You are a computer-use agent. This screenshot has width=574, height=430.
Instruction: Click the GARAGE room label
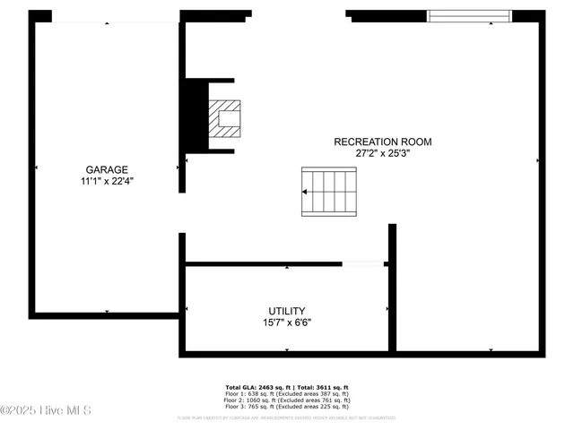tap(107, 169)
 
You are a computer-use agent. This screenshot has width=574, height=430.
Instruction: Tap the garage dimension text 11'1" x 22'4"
tap(107, 181)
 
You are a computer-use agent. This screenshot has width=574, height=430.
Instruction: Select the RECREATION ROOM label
tap(383, 142)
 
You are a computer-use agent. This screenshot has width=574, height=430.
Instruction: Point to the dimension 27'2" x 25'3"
tap(383, 153)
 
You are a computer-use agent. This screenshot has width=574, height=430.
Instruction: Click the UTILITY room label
tap(287, 310)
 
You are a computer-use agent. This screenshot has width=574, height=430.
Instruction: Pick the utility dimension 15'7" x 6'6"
tap(287, 322)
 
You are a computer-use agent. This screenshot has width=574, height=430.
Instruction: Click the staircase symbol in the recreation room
tap(329, 191)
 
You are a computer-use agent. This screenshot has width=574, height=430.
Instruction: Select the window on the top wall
tap(469, 15)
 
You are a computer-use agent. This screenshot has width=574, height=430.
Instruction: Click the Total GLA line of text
tap(287, 387)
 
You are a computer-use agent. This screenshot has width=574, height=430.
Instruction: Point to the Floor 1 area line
tap(287, 393)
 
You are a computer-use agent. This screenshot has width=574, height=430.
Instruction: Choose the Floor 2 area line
tap(287, 400)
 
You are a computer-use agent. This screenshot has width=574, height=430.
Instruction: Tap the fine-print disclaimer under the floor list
tap(287, 417)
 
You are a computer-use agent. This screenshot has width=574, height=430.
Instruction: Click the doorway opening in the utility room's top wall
tap(362, 263)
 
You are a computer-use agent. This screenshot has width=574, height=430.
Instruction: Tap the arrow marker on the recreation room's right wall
tap(538, 160)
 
